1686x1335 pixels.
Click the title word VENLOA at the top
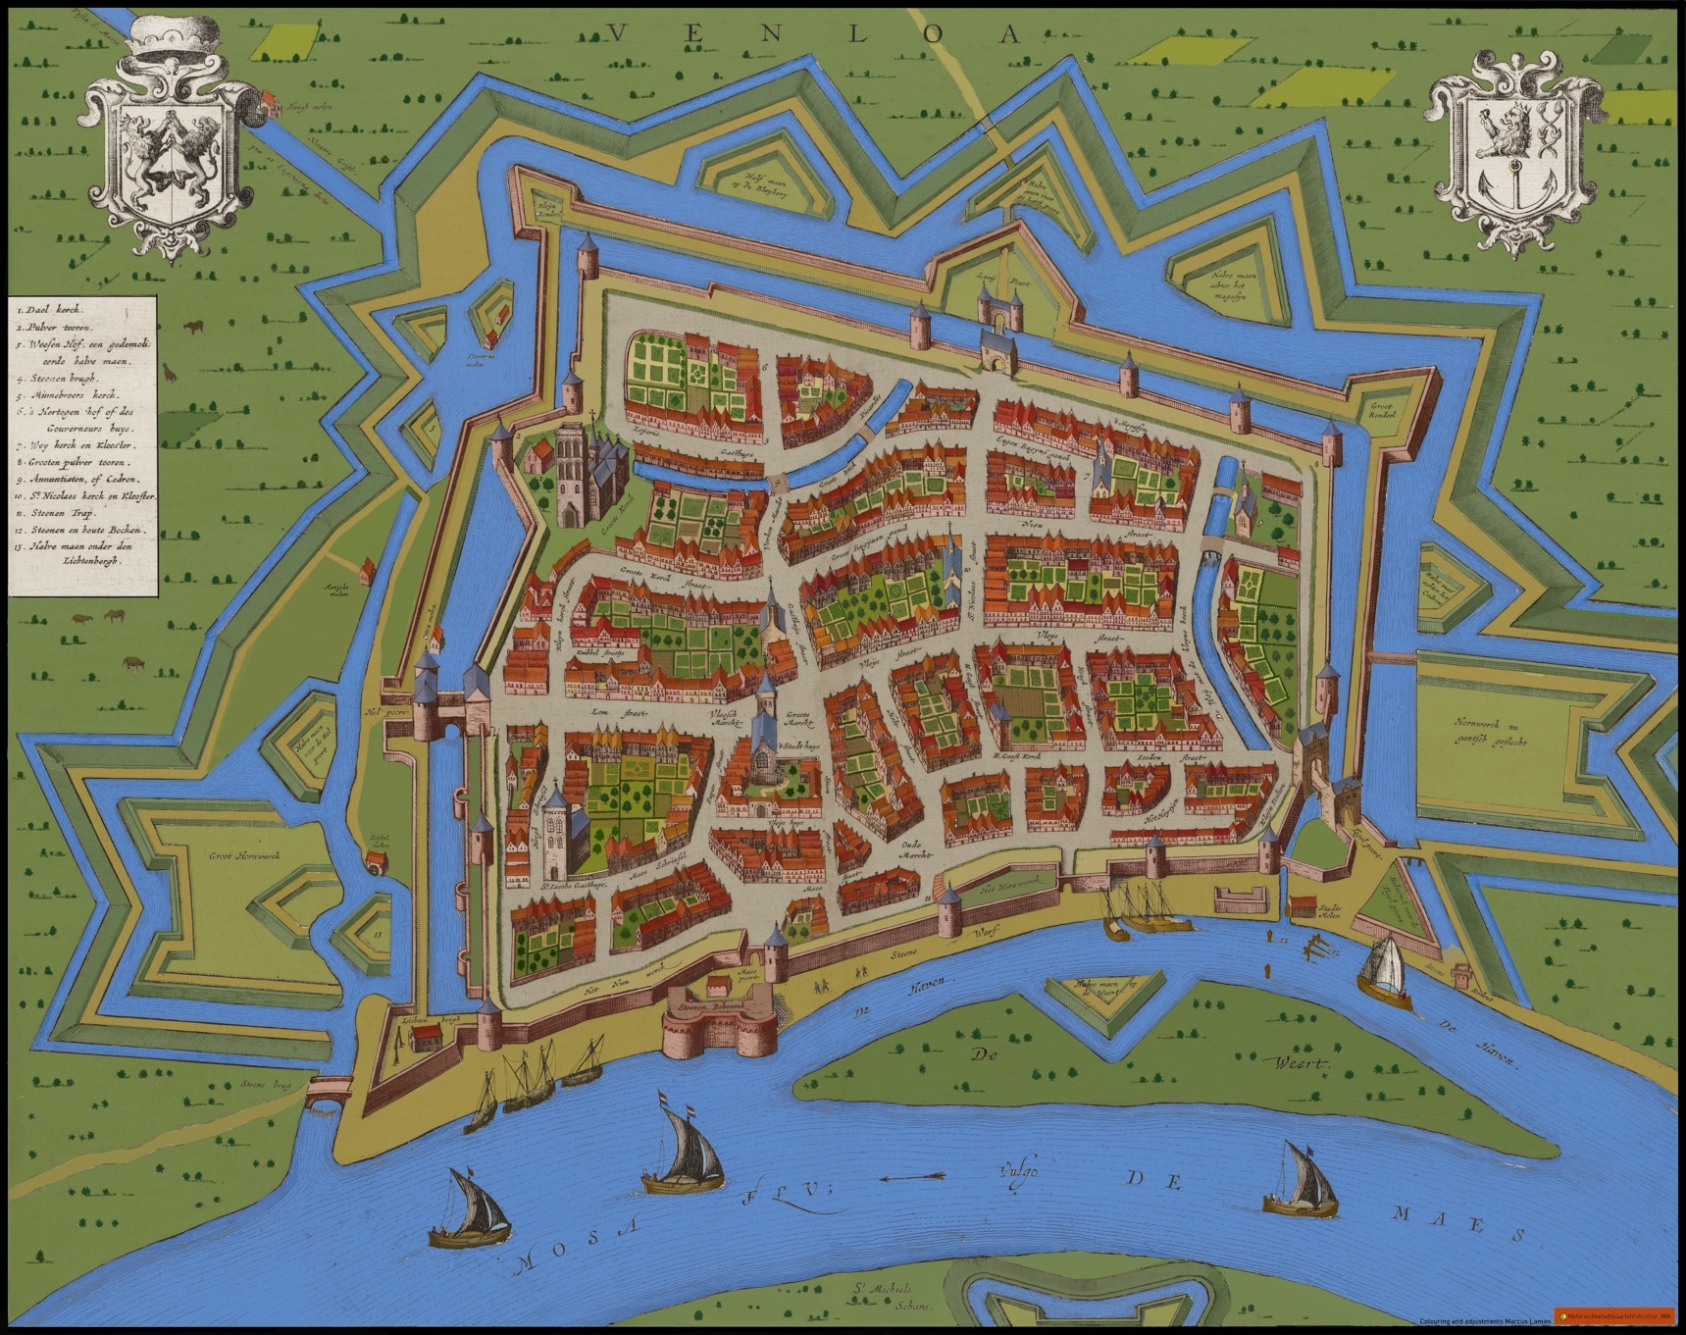(813, 34)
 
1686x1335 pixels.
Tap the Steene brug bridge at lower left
(328, 1090)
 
